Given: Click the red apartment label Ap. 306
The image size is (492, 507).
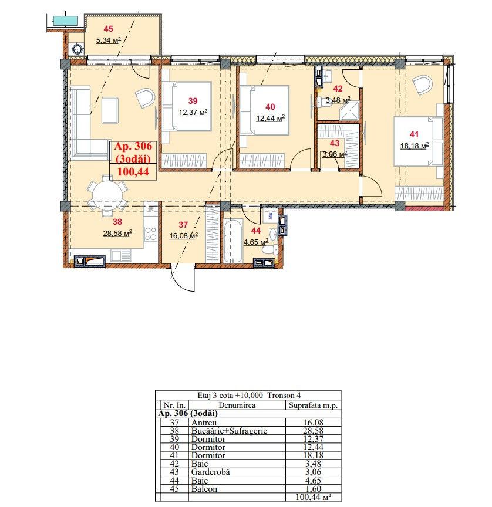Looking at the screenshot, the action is [x=133, y=146].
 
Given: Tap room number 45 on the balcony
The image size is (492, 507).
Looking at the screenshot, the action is [x=109, y=29].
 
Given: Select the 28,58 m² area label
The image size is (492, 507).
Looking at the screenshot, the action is [x=117, y=233].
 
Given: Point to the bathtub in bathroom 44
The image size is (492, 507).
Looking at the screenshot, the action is [x=233, y=241].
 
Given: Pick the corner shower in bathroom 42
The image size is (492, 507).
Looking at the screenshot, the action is [x=349, y=111].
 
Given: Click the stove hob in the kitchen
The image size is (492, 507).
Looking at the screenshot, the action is [x=151, y=234].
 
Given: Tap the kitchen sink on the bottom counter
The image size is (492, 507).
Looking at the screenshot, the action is [x=121, y=255].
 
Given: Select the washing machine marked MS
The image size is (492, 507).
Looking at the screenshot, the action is [x=270, y=216].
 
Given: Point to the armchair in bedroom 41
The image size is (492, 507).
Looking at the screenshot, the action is [x=423, y=85].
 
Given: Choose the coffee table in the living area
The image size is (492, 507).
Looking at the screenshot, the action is [x=110, y=110].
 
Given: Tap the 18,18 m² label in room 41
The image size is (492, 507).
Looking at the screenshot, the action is [x=415, y=146].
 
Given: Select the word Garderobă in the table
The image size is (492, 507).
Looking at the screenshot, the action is [x=211, y=472].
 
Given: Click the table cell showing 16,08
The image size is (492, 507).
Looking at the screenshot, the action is [x=313, y=422].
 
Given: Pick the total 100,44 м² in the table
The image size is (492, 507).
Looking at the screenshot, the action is [x=314, y=496].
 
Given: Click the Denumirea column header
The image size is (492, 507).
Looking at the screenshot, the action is [x=237, y=405].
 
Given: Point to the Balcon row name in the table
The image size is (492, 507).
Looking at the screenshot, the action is [x=204, y=489].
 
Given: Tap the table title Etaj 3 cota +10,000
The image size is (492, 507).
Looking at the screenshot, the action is [x=230, y=395].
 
